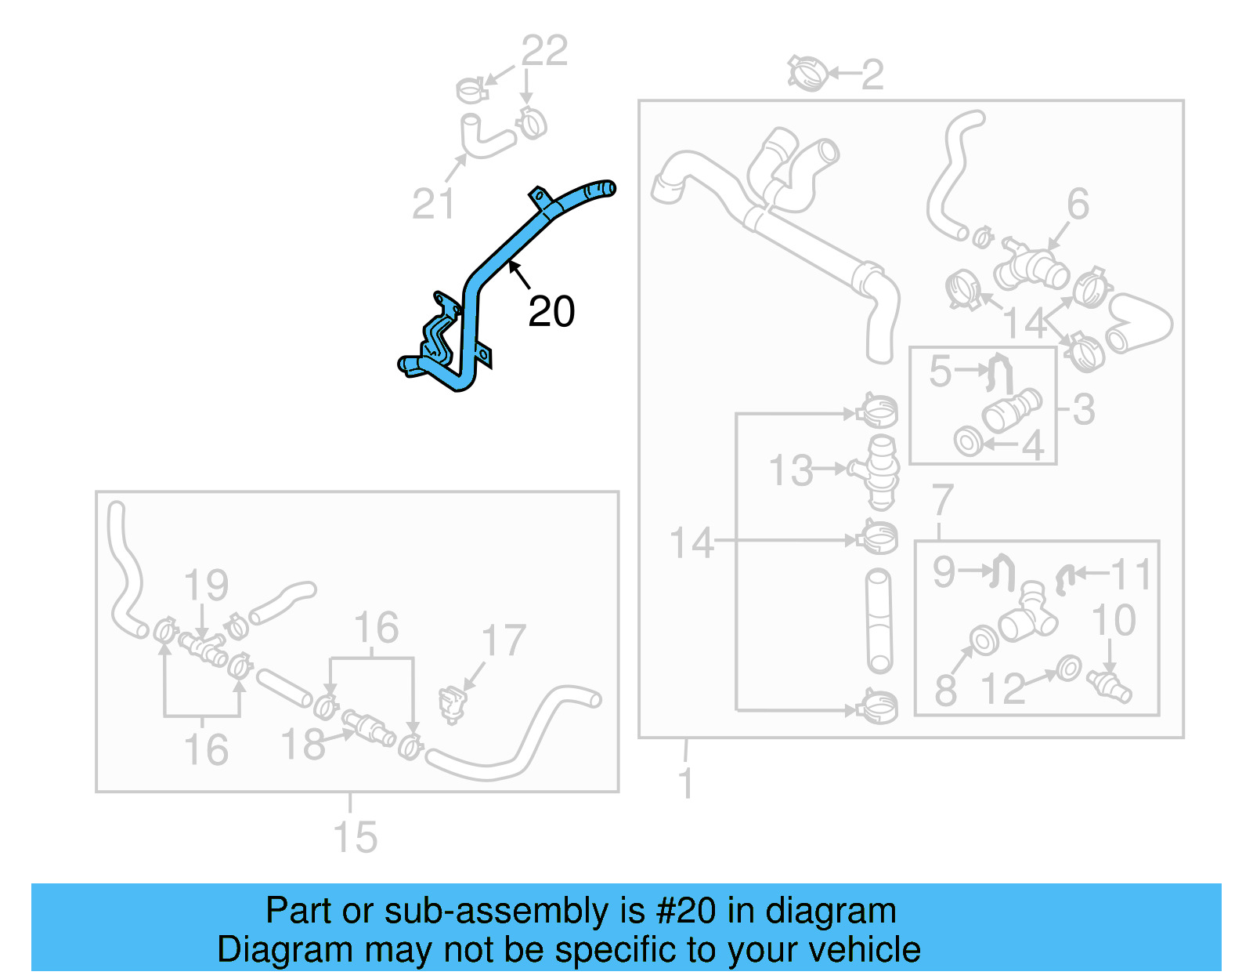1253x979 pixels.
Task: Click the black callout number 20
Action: (x=551, y=312)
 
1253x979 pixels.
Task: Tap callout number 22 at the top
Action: (x=544, y=52)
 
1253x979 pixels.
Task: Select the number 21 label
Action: (x=433, y=205)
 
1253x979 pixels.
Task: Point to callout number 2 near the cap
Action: (x=872, y=75)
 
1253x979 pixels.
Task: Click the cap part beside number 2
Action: (x=808, y=74)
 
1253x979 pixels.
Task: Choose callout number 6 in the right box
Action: (x=1078, y=204)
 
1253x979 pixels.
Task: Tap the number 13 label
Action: (x=791, y=471)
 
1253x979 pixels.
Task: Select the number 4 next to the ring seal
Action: (x=1033, y=446)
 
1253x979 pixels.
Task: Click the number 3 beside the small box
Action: (x=1083, y=409)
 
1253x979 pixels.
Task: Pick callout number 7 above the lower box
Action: (x=942, y=500)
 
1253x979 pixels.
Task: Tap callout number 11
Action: (x=1131, y=575)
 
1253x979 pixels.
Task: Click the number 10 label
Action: (x=1113, y=620)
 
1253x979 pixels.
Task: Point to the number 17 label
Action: (x=503, y=641)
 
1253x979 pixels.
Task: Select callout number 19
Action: (x=206, y=586)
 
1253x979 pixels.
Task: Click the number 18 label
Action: (x=302, y=745)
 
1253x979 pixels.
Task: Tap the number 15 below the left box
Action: (x=355, y=837)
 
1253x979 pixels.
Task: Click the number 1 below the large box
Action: (x=685, y=784)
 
